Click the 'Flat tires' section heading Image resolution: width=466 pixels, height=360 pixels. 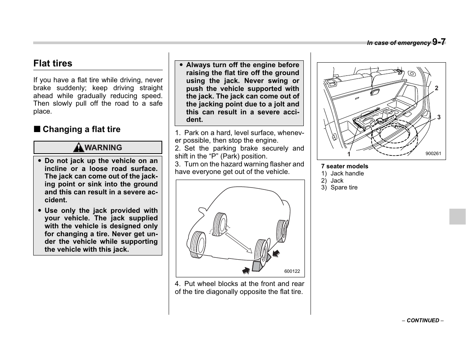(53, 63)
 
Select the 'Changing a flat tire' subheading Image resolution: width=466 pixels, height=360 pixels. (81, 129)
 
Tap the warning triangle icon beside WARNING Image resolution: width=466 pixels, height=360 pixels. (78, 148)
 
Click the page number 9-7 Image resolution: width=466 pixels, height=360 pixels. (439, 42)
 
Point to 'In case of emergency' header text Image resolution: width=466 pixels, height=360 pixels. (398, 43)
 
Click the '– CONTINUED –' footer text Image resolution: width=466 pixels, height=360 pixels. (423, 320)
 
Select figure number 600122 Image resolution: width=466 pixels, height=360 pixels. (292, 271)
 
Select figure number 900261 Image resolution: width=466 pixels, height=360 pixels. (433, 154)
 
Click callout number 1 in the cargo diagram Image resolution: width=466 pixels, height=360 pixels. (349, 154)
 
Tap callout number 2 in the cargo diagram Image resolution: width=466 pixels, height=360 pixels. (437, 88)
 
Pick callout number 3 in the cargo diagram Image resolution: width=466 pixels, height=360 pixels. (439, 117)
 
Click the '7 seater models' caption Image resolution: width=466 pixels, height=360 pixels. (345, 166)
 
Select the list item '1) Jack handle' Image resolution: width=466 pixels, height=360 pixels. (343, 174)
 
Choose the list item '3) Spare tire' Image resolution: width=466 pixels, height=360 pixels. (339, 188)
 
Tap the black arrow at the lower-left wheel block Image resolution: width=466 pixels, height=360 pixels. (246, 270)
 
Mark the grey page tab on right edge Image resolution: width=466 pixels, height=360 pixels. (457, 217)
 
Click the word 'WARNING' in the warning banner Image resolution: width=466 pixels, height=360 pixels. (103, 148)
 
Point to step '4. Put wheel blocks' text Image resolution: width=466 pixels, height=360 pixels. (239, 288)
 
